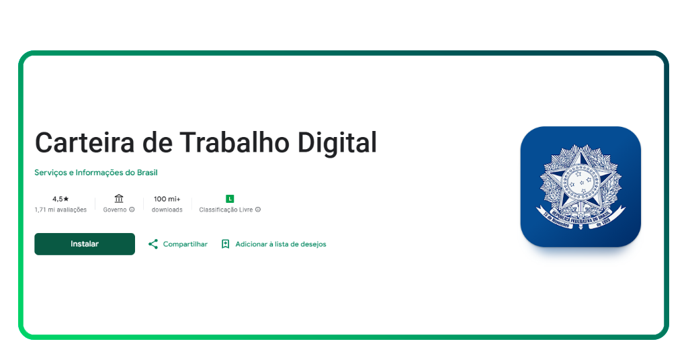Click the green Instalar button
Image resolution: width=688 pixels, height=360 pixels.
pyautogui.click(x=85, y=244)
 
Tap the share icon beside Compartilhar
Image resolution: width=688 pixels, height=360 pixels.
pyautogui.click(x=153, y=244)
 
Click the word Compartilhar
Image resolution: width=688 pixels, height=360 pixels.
pyautogui.click(x=185, y=244)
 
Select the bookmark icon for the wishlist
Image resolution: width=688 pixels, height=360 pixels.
pyautogui.click(x=226, y=244)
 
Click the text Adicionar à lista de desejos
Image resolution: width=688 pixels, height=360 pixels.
pyautogui.click(x=280, y=244)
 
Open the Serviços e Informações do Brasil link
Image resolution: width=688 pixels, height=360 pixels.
pyautogui.click(x=96, y=173)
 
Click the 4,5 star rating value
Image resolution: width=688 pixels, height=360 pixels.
pyautogui.click(x=60, y=199)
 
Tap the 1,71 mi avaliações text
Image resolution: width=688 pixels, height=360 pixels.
pyautogui.click(x=60, y=210)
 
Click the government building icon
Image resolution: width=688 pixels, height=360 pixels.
pyautogui.click(x=119, y=198)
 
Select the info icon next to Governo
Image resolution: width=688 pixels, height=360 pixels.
pyautogui.click(x=132, y=210)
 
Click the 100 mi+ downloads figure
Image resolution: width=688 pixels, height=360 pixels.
pyautogui.click(x=167, y=199)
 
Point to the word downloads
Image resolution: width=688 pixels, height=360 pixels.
pyautogui.click(x=167, y=210)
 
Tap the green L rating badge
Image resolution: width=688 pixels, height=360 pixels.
pyautogui.click(x=230, y=199)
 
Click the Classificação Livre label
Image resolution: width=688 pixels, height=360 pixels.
pyautogui.click(x=226, y=210)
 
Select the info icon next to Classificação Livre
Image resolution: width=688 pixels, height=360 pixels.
pyautogui.click(x=258, y=210)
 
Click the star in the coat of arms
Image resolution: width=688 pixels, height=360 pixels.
pyautogui.click(x=580, y=180)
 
